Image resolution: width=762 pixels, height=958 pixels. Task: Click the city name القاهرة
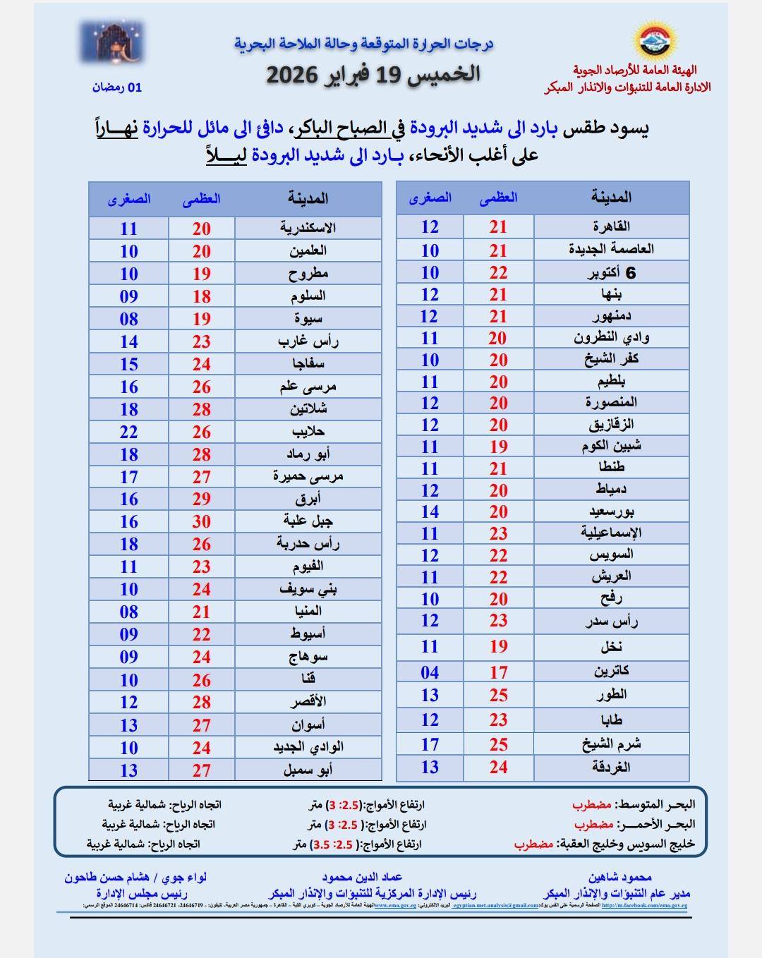coord(611,226)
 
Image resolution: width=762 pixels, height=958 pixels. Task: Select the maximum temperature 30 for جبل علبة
coord(202,521)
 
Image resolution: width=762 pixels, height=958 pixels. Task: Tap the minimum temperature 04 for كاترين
coord(430,672)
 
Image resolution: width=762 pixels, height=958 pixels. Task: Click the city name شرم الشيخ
coord(611,744)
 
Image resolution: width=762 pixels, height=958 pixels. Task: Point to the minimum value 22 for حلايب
coord(128,432)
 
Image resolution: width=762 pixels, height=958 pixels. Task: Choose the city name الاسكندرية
coord(308,228)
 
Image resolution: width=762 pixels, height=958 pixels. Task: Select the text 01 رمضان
coord(116,87)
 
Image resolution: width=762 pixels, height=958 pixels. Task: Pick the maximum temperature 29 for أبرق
coord(202,499)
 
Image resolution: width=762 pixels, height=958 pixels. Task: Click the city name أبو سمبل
coord(308,770)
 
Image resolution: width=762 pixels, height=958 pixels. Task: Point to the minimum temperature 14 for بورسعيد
coord(430,511)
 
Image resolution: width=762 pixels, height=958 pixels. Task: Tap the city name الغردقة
coord(611,767)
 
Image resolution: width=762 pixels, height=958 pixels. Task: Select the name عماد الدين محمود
coord(362,877)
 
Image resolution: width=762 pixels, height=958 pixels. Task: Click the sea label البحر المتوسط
coord(655,804)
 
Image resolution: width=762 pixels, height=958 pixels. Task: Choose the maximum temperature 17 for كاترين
coord(499,672)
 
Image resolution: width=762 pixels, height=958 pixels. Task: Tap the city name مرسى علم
coord(308,387)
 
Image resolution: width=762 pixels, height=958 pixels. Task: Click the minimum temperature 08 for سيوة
coord(128,319)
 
